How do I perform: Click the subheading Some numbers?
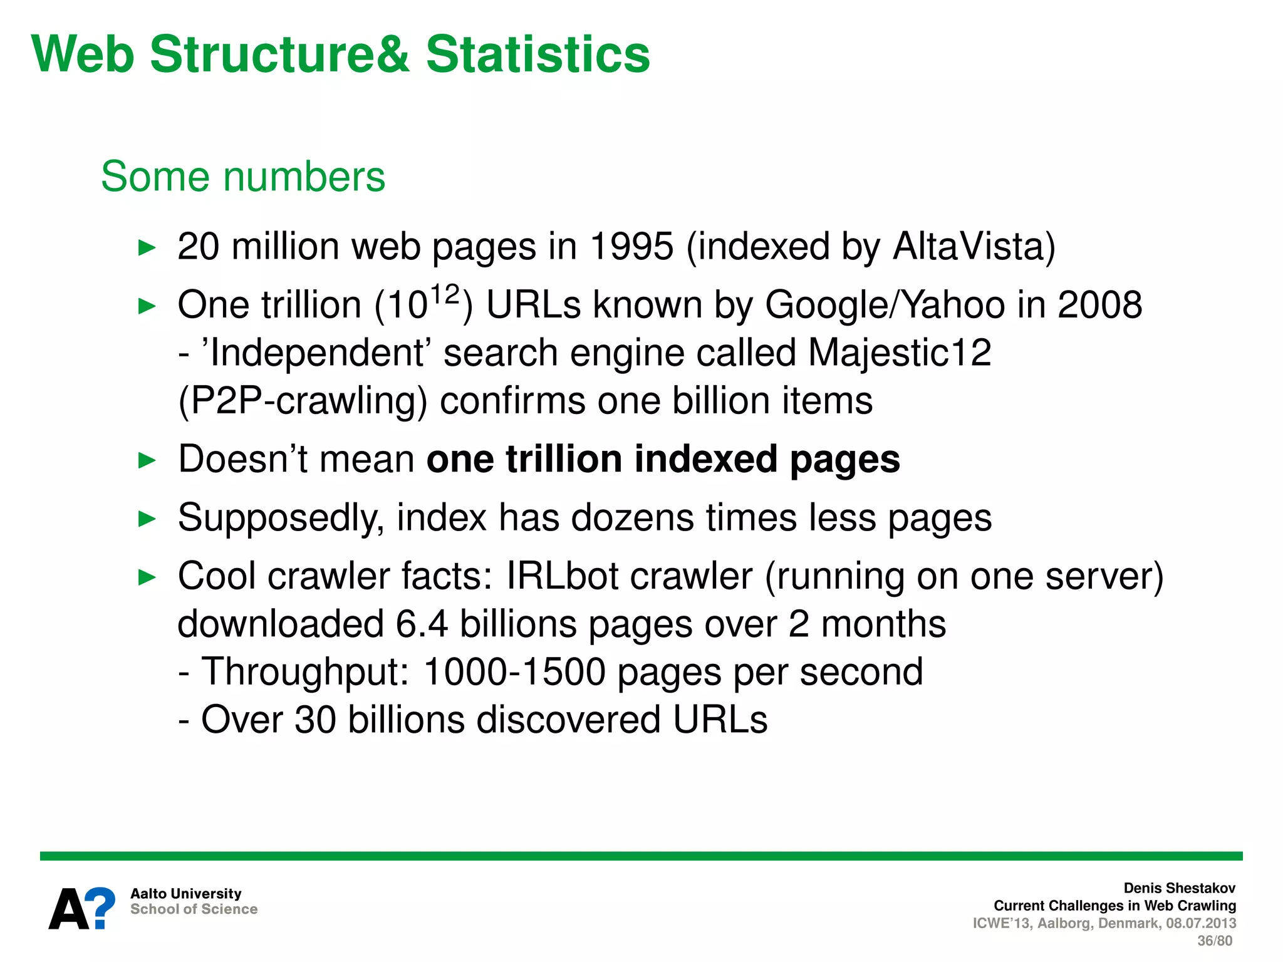coord(243,177)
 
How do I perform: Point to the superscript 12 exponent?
coord(445,294)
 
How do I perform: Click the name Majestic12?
coord(900,353)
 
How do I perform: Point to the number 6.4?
coord(422,624)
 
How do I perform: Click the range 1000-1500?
coord(514,672)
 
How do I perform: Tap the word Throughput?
coord(304,672)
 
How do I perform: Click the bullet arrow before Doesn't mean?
coord(147,461)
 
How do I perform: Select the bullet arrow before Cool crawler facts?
coord(147,577)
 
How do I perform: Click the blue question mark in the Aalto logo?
coord(100,908)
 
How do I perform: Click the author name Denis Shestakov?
coord(1179,888)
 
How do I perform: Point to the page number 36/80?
coord(1214,941)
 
